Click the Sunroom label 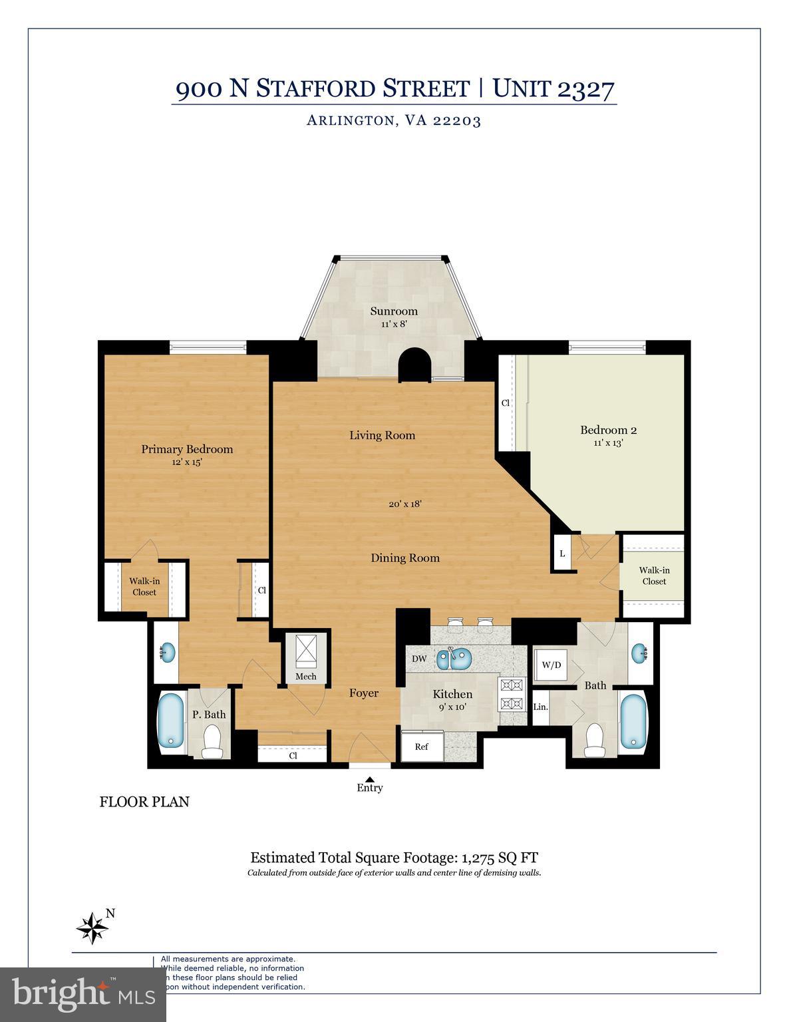394,311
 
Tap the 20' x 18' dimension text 406,504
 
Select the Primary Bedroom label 187,449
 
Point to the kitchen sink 454,659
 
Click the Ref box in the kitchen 421,747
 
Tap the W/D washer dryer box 551,665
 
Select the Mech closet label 306,677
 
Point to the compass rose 93,927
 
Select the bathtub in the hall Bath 633,723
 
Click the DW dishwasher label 419,659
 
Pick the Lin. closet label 540,706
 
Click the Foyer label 364,693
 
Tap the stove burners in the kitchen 512,693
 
